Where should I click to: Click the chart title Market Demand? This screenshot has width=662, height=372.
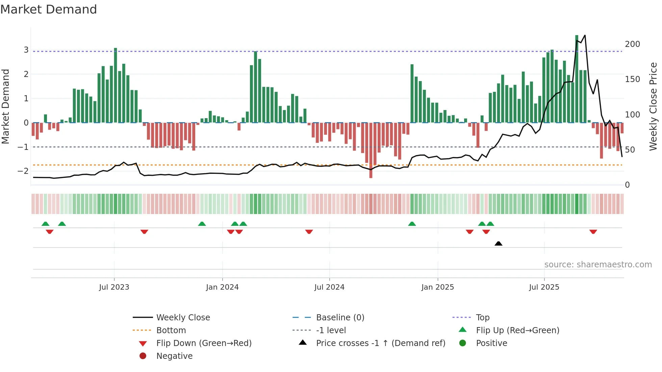49,9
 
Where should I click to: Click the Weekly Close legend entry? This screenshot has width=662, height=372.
183,317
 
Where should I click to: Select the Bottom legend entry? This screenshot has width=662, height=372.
171,330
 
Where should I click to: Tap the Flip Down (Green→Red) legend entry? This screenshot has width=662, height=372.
204,343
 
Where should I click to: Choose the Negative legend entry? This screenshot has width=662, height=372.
174,356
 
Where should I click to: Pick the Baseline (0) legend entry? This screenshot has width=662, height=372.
340,317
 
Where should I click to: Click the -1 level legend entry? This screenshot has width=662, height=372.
331,330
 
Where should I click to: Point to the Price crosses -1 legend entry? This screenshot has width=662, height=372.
380,343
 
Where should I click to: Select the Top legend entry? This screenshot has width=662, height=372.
482,317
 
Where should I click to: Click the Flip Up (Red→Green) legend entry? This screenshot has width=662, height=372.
517,330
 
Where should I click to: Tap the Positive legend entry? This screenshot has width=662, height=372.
491,343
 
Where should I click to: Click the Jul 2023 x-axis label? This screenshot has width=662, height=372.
114,287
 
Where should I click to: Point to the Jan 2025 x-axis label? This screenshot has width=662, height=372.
437,287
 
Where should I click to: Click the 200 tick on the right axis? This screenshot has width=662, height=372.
632,44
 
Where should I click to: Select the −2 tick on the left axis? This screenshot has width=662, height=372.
23,171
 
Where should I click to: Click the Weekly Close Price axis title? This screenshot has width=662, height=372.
653,106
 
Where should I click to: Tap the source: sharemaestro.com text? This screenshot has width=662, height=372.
598,264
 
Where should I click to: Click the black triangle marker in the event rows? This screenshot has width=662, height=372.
498,243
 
